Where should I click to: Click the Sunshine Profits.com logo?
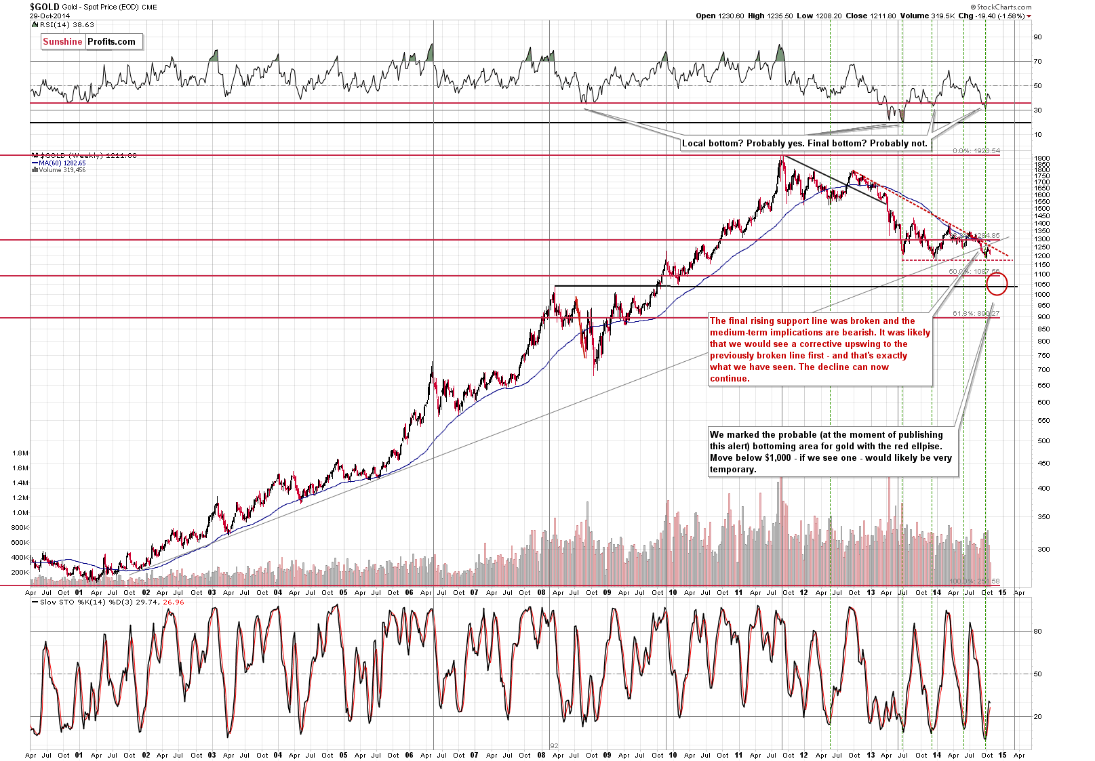click(89, 41)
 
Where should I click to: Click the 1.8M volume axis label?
click(20, 453)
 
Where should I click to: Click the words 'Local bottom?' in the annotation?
click(713, 143)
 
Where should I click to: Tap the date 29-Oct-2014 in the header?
click(49, 16)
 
